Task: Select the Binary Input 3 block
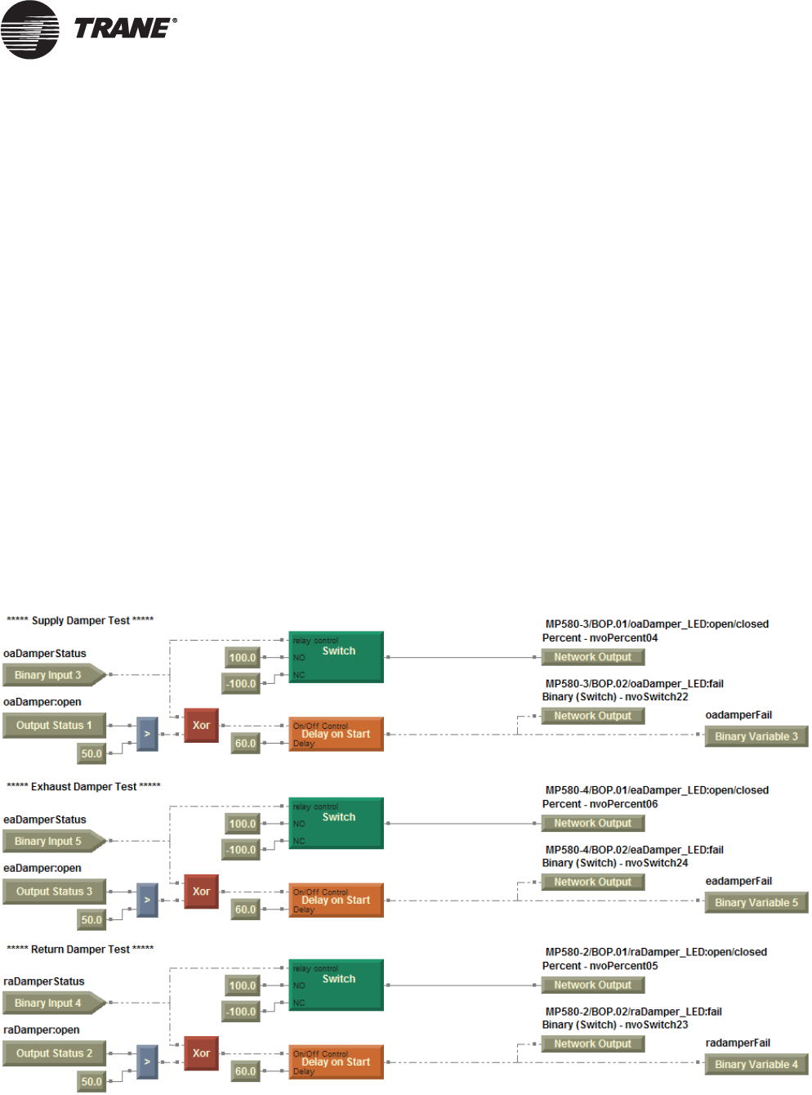click(x=51, y=675)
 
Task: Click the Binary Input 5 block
click(x=51, y=841)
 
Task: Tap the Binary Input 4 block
click(x=51, y=1003)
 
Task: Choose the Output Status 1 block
click(x=54, y=726)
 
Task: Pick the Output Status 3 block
click(x=54, y=892)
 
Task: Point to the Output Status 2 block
click(x=54, y=1053)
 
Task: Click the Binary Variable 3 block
click(x=756, y=736)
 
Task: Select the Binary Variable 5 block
click(x=756, y=903)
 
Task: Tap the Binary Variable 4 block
click(x=756, y=1065)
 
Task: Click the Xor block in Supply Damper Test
click(x=201, y=726)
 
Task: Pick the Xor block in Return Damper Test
click(x=201, y=1053)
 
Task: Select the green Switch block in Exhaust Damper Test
click(x=336, y=824)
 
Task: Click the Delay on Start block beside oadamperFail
click(x=336, y=735)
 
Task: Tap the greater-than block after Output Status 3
click(x=147, y=900)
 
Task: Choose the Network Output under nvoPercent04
click(x=592, y=657)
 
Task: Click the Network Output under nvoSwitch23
click(x=592, y=1044)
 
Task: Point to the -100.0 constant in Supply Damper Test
click(x=242, y=684)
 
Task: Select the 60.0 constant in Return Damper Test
click(x=245, y=1071)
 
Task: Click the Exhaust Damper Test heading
click(x=83, y=787)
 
